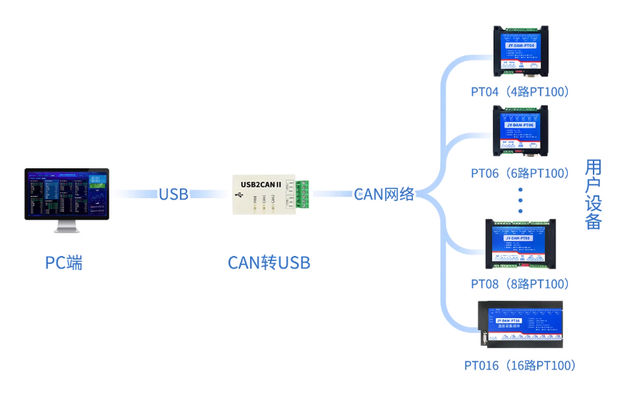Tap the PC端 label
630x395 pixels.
(x=64, y=262)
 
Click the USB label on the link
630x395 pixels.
(x=174, y=194)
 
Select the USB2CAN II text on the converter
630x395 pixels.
(x=261, y=184)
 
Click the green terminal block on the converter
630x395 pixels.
(x=303, y=195)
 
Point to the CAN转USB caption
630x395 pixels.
(x=269, y=262)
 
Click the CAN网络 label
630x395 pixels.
(x=384, y=194)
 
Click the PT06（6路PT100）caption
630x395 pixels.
(x=519, y=173)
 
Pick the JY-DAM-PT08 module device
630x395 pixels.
(x=521, y=243)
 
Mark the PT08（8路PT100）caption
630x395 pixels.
(x=519, y=284)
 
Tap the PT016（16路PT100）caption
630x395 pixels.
(x=519, y=366)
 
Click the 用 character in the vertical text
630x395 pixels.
(x=593, y=168)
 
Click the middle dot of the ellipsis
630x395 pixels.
(x=521, y=200)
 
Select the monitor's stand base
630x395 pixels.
(x=66, y=230)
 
